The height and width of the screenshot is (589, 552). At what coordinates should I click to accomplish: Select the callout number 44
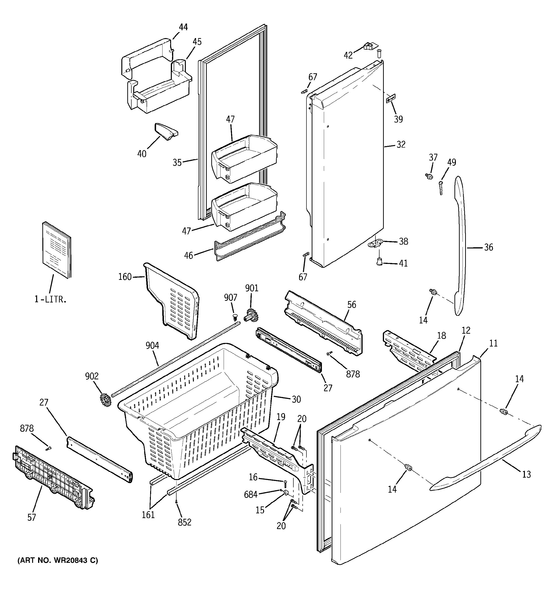pyautogui.click(x=183, y=27)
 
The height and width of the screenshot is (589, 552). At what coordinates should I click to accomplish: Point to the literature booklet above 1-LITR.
pyautogui.click(x=57, y=251)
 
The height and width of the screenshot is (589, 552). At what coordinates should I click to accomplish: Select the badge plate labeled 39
pyautogui.click(x=391, y=99)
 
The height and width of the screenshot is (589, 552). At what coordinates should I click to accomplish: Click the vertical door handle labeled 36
pyautogui.click(x=461, y=246)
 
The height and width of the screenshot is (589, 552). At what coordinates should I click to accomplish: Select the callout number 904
pyautogui.click(x=152, y=346)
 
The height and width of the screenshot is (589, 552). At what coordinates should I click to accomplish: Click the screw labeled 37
pyautogui.click(x=428, y=177)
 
